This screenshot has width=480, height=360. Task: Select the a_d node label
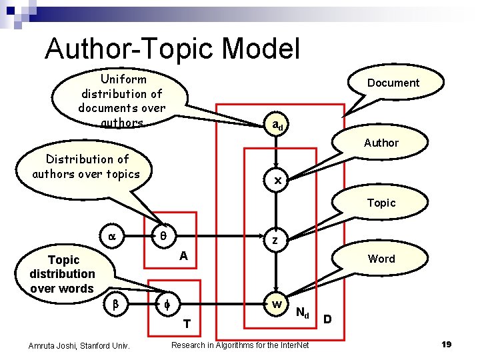pyautogui.click(x=277, y=125)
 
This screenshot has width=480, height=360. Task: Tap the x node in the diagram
pyautogui.click(x=277, y=181)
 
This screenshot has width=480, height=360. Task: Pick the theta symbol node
pyautogui.click(x=163, y=235)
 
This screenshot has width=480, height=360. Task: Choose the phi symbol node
pyautogui.click(x=167, y=305)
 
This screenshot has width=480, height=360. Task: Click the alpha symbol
pyautogui.click(x=111, y=236)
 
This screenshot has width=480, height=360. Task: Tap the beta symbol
pyautogui.click(x=114, y=305)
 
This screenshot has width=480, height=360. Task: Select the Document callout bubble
pyautogui.click(x=393, y=83)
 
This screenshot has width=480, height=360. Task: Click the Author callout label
pyautogui.click(x=381, y=143)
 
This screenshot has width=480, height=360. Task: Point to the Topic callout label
pyautogui.click(x=381, y=203)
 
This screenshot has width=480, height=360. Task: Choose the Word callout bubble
pyautogui.click(x=381, y=259)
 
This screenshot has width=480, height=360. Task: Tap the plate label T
pyautogui.click(x=187, y=325)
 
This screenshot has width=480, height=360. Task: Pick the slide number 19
pyautogui.click(x=447, y=344)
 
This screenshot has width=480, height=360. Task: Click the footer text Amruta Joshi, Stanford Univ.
pyautogui.click(x=79, y=345)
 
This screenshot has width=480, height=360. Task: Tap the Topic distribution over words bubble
pyautogui.click(x=63, y=274)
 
